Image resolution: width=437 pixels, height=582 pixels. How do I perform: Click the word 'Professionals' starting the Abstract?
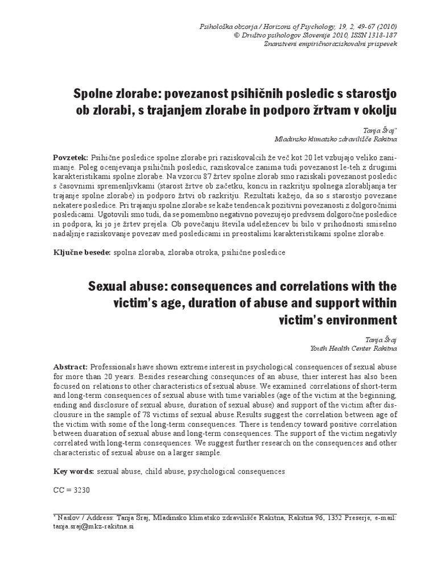[x=118, y=367]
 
